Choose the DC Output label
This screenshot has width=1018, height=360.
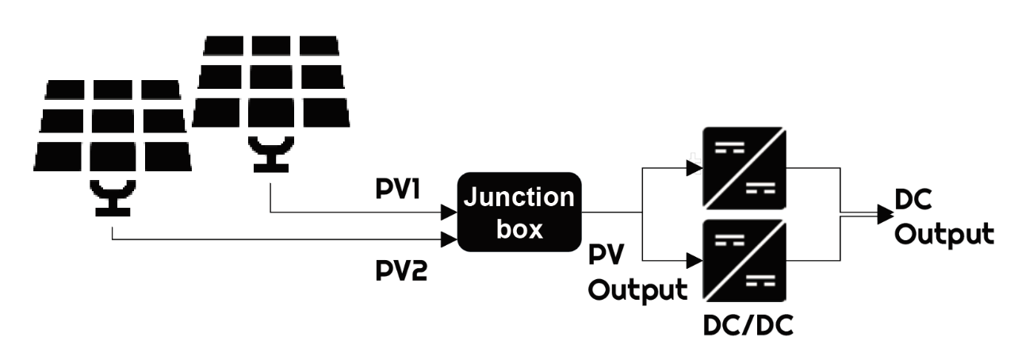943,220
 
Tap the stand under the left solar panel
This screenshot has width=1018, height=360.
113,198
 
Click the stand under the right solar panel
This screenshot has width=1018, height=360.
270,153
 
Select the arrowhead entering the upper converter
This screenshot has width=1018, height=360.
695,167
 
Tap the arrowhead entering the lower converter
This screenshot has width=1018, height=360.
695,258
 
